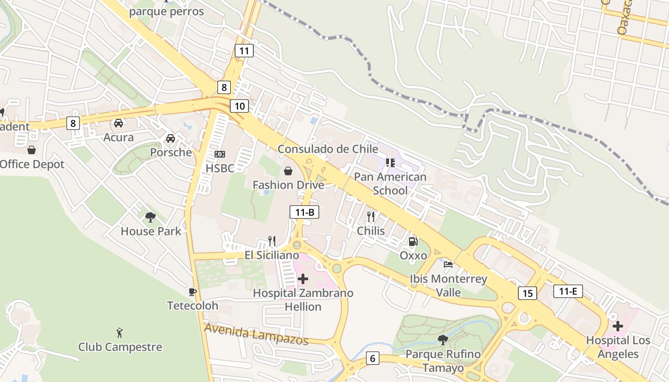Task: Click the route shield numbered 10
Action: [239, 106]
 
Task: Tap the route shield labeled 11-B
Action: [304, 212]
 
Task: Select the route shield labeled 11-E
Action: [568, 291]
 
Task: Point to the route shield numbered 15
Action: [528, 293]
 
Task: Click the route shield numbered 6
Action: [373, 358]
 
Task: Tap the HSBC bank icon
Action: [220, 154]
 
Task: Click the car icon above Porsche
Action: [170, 138]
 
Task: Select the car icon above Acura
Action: [119, 123]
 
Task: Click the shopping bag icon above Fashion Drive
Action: [288, 171]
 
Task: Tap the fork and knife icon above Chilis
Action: [371, 217]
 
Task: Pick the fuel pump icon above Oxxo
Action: [413, 242]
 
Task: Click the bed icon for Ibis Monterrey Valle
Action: [448, 265]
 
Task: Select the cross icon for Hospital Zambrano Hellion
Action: [303, 279]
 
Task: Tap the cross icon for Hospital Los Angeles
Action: [618, 327]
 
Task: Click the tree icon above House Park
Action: [151, 217]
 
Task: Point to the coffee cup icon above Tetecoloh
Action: [193, 292]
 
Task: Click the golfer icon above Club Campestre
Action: [120, 333]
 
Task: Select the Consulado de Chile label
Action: [328, 149]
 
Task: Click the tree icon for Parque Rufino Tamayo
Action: [443, 340]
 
